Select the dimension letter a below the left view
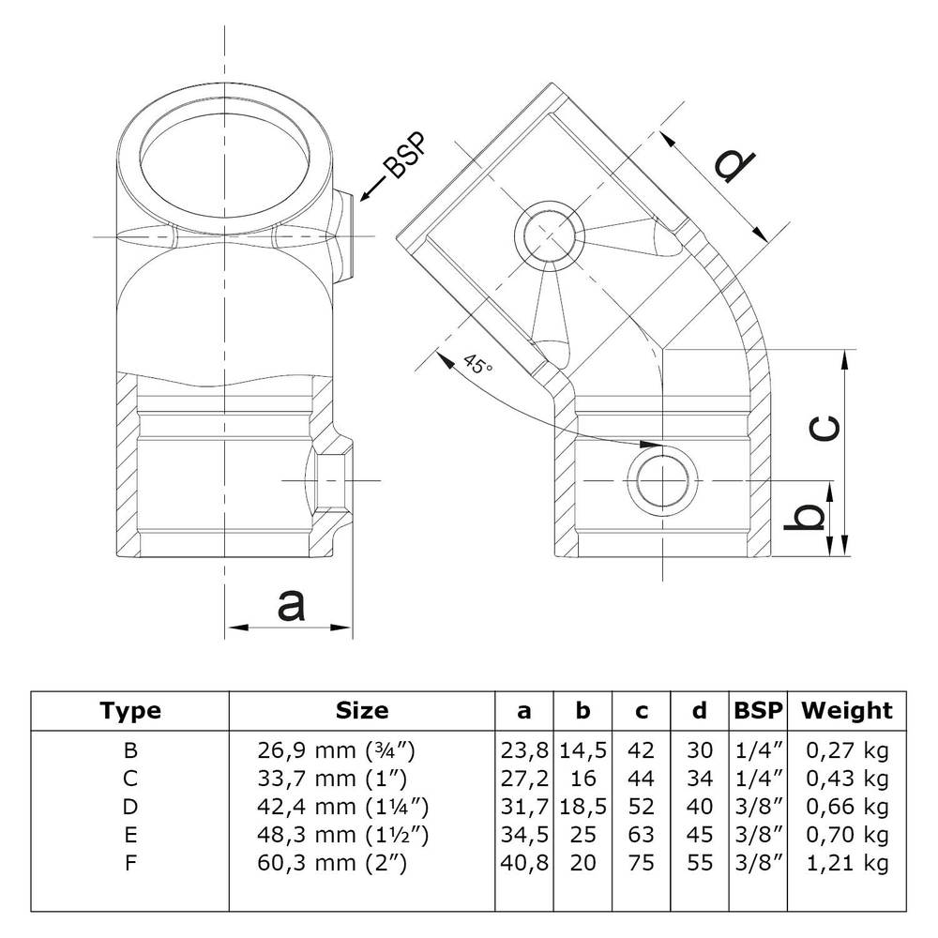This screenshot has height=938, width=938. coord(292,605)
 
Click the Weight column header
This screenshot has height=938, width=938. coord(846,711)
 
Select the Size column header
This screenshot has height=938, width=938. coord(361,711)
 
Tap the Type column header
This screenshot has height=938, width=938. coord(130,711)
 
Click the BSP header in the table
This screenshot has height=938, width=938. coord(757,711)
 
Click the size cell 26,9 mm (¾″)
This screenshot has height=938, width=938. coord(336,750)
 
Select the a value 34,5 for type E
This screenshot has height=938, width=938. coord(523,833)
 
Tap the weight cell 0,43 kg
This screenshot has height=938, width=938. coord(846,778)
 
